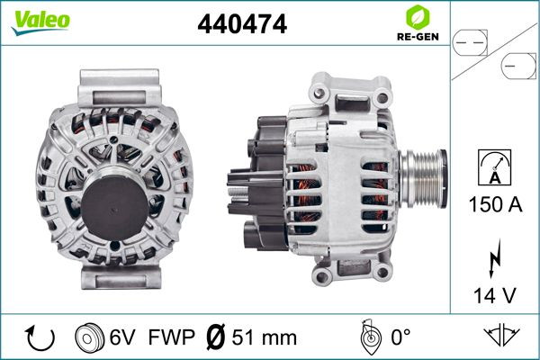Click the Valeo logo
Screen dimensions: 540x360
click(40, 22)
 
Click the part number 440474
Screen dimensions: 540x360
click(242, 23)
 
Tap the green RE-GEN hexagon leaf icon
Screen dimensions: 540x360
click(418, 17)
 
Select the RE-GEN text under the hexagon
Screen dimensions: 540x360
click(418, 37)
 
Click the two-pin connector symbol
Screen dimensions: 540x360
click(470, 42)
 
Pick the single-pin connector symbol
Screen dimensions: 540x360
click(518, 66)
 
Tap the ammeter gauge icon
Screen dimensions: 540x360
click(494, 167)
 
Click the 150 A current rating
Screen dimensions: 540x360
click(495, 204)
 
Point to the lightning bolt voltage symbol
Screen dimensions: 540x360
click(494, 258)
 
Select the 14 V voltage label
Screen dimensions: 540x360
click(495, 295)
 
